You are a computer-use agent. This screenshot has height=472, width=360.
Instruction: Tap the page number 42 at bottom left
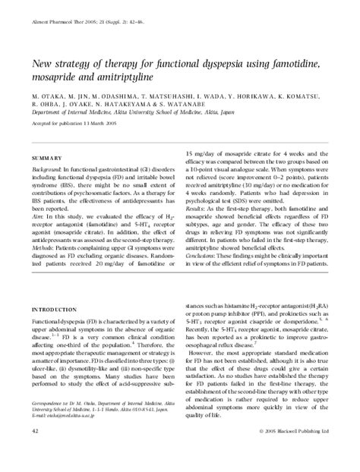[36, 452]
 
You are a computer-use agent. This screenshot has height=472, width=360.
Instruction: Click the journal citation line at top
[84, 25]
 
